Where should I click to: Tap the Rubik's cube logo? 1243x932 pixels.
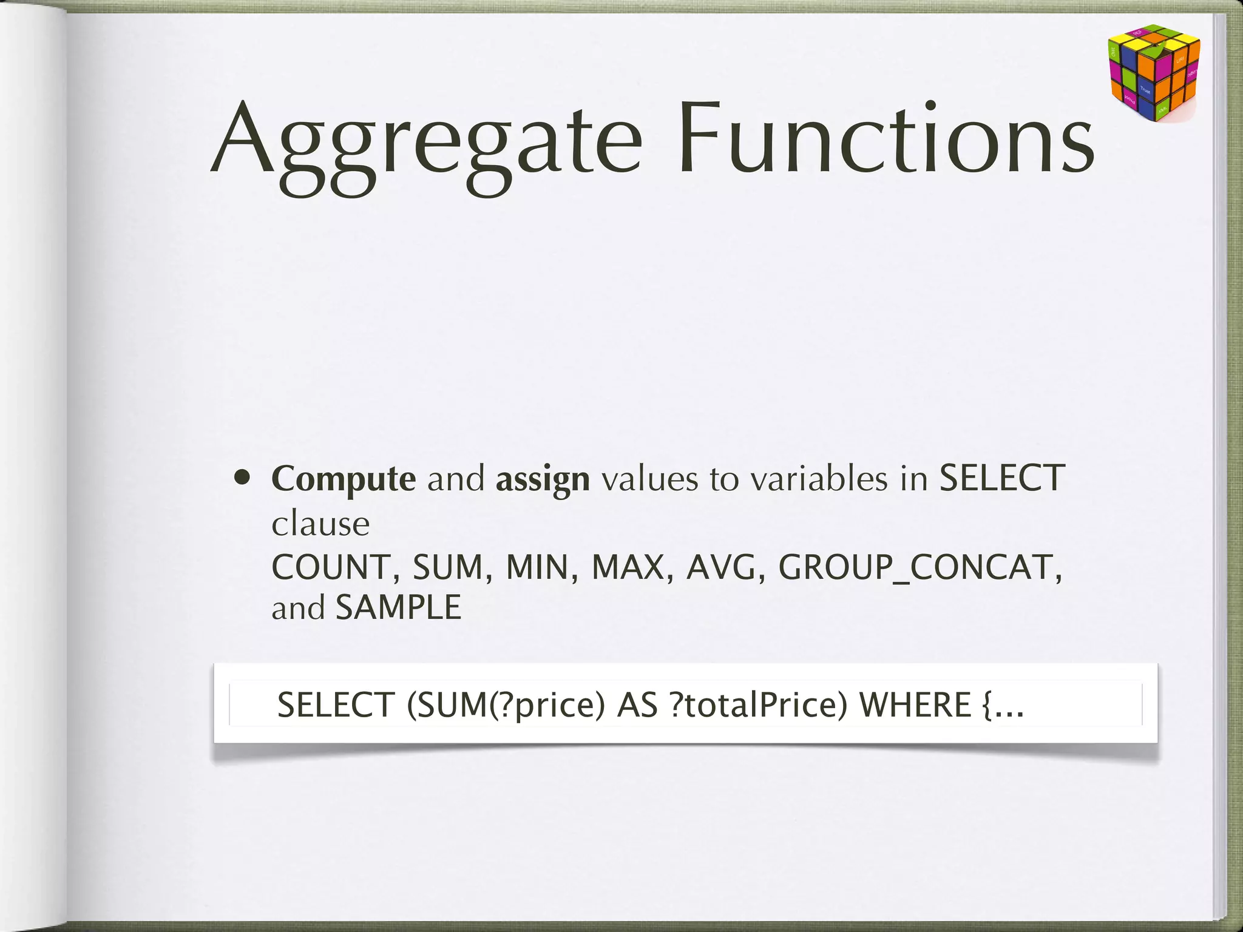(x=1153, y=73)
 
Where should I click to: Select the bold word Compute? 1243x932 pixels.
(x=344, y=479)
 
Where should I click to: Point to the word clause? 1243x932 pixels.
(x=320, y=524)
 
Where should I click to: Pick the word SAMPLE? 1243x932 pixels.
(x=399, y=607)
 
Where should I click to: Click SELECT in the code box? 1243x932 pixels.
(x=336, y=705)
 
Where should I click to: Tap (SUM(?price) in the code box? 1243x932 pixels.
(x=506, y=705)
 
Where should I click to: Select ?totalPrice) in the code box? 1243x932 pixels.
(x=759, y=705)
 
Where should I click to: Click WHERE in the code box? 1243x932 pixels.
(x=915, y=705)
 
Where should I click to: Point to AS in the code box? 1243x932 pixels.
(x=637, y=705)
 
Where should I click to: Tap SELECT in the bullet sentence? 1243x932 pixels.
(x=1001, y=478)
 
